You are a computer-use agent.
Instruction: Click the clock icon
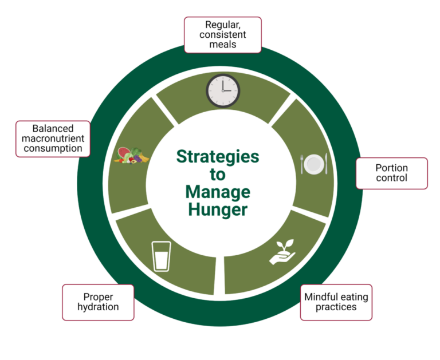click(x=223, y=90)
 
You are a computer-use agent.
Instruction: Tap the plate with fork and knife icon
click(x=314, y=164)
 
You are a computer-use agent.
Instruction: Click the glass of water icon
click(x=161, y=255)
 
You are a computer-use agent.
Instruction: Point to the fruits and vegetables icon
click(x=132, y=155)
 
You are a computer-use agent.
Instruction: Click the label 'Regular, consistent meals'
click(x=222, y=35)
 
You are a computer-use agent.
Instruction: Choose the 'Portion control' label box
click(x=391, y=173)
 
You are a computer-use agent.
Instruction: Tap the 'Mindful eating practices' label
click(x=336, y=302)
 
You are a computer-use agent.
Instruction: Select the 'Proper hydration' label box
click(x=98, y=302)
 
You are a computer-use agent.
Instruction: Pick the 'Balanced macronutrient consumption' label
click(x=53, y=139)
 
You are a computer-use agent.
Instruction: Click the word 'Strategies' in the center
click(x=217, y=157)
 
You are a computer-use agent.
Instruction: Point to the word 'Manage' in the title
click(x=217, y=192)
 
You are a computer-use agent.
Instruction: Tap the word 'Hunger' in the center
click(x=217, y=209)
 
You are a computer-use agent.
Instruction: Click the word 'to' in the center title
click(x=217, y=175)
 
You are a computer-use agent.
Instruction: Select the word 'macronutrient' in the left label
click(x=53, y=139)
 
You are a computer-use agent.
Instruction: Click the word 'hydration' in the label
click(x=98, y=307)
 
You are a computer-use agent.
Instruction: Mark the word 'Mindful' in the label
click(x=321, y=297)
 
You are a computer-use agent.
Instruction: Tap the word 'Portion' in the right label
click(x=391, y=168)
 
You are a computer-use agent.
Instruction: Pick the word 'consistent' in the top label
click(x=222, y=35)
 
